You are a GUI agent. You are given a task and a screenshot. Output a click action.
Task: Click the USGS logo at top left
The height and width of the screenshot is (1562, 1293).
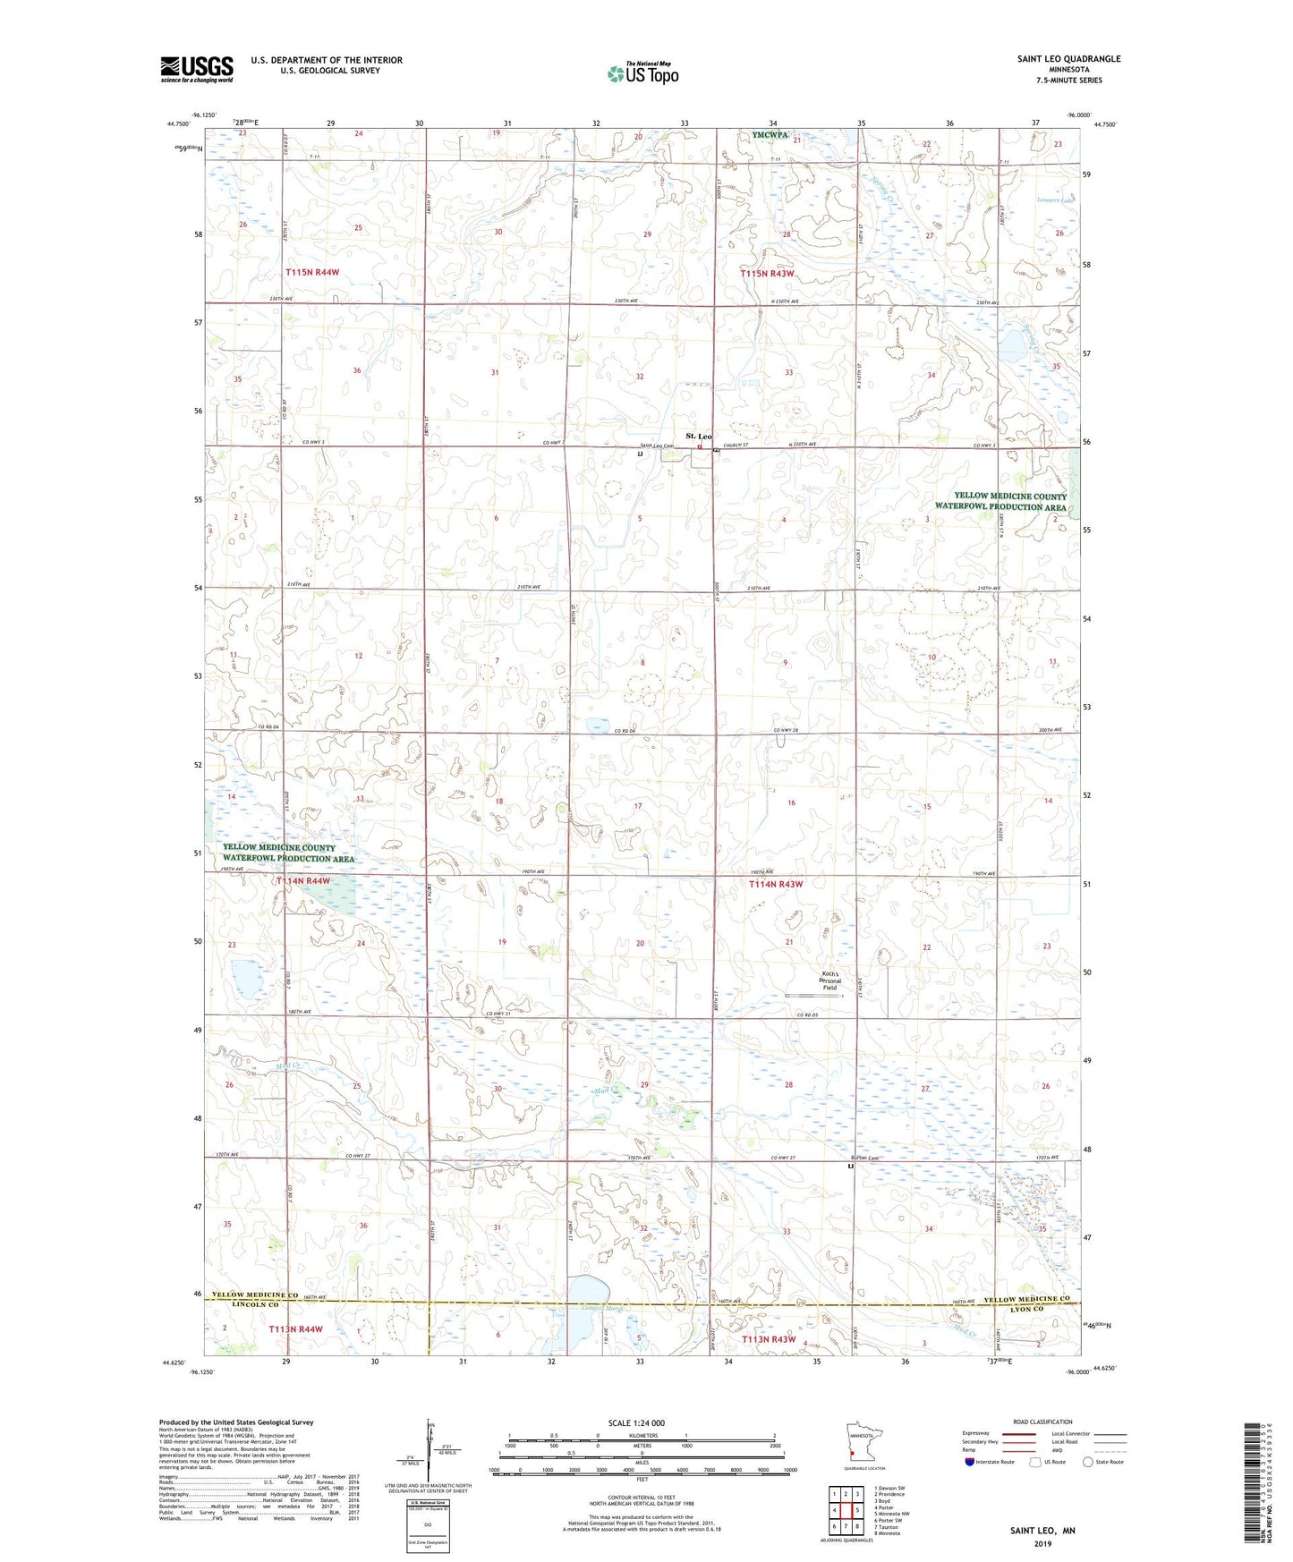[196, 69]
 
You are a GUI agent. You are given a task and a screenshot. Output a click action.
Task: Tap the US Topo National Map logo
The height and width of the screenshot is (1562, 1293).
[642, 73]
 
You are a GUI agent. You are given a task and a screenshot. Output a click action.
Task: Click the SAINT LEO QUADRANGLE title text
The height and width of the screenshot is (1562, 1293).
[1068, 59]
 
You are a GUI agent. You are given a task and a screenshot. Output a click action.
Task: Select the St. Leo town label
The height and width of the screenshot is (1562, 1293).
[699, 436]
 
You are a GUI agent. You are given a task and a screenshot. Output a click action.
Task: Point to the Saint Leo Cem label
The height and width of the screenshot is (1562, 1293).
[656, 446]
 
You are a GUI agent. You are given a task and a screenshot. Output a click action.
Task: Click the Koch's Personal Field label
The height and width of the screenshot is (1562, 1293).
[830, 980]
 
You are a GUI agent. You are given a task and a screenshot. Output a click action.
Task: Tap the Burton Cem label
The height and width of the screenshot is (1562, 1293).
[865, 1159]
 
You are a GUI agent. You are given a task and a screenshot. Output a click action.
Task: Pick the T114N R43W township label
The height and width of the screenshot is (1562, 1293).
[776, 884]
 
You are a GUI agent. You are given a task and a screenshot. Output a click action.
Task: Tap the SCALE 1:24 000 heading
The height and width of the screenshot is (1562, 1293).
[636, 1422]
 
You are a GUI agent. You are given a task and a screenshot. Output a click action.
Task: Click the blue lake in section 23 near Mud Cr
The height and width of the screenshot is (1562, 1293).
[246, 979]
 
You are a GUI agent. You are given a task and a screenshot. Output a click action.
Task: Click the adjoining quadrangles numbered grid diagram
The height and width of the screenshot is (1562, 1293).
[846, 1510]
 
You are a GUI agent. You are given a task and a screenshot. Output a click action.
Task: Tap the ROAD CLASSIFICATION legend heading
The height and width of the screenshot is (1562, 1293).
[1042, 1422]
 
